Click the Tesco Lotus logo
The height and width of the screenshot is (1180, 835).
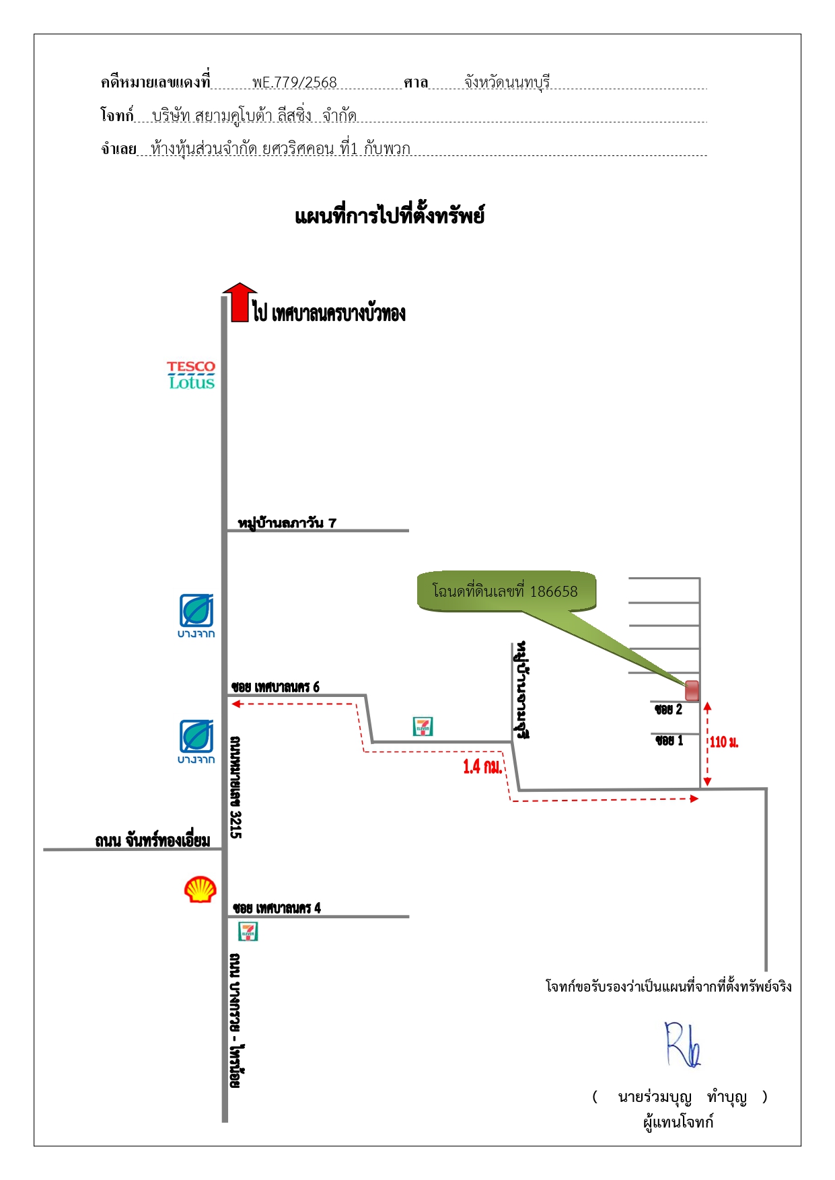pos(192,375)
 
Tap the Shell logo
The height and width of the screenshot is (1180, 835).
pos(201,889)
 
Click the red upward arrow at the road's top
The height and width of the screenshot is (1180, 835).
pos(240,302)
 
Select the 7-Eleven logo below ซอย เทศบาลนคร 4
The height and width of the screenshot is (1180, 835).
pos(248,932)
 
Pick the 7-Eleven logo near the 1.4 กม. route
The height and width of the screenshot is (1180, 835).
pos(423,727)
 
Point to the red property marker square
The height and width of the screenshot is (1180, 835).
pos(692,690)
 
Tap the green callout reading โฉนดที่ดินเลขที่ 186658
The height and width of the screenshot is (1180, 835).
pos(506,591)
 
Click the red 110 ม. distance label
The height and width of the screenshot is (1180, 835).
pos(724,742)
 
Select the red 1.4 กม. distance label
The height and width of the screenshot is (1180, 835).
pos(482,766)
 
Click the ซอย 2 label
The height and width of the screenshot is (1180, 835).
pos(669,709)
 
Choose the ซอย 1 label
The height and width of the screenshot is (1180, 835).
pos(669,740)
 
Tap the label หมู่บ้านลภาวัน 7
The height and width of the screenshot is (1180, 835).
pos(287,523)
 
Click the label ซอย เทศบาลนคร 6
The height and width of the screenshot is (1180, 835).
pos(275,687)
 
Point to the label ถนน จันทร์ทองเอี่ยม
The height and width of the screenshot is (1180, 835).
pos(153,840)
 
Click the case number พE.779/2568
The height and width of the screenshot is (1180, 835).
pos(295,82)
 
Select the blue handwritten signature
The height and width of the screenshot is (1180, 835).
pos(683,1045)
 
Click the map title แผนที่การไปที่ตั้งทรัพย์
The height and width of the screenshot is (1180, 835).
pos(390,216)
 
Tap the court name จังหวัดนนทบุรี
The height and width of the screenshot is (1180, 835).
pos(507,82)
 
